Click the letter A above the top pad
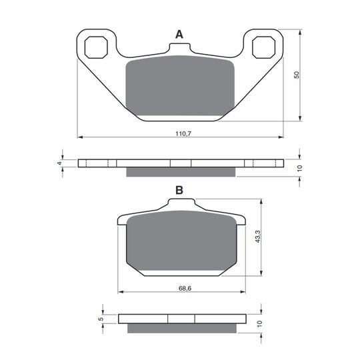(x=179, y=35)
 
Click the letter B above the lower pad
(x=179, y=190)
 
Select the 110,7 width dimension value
(x=183, y=133)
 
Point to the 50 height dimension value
(x=297, y=75)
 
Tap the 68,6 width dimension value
(x=185, y=288)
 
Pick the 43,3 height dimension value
(x=257, y=237)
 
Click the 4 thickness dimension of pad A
(x=59, y=163)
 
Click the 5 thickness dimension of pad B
(x=100, y=319)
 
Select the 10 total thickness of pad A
(x=299, y=168)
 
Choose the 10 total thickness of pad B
(x=259, y=324)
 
